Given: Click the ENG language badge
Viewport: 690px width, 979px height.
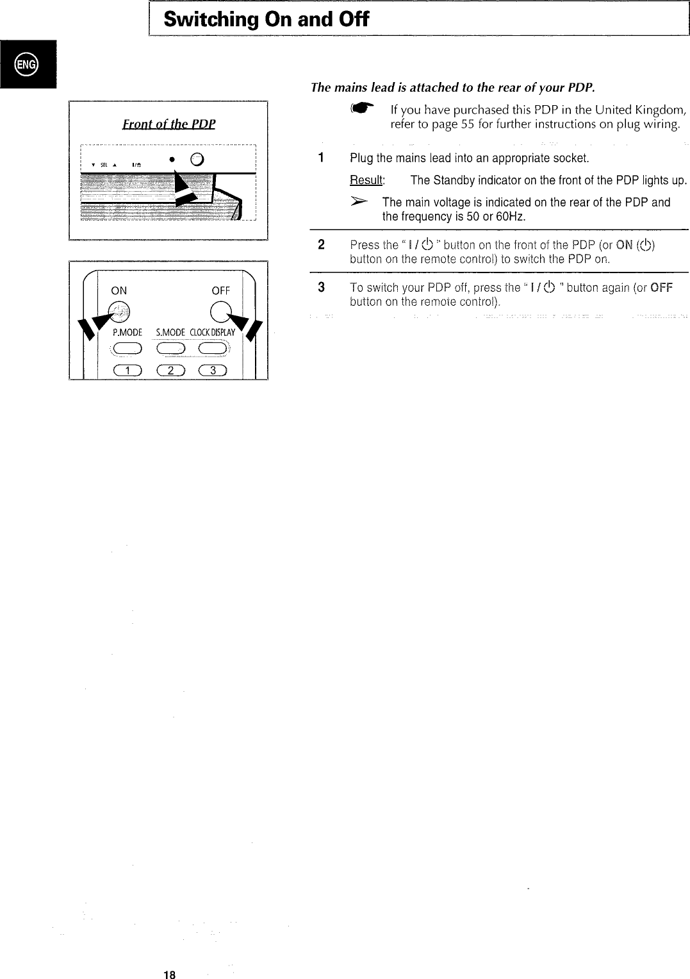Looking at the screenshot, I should pos(28,63).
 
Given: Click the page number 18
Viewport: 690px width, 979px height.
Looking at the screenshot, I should pos(169,975).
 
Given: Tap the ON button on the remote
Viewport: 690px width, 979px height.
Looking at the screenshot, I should pos(120,311).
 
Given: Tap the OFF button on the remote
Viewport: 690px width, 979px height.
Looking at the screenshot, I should pos(220,311).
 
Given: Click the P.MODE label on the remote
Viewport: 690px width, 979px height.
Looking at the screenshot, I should pos(126,332).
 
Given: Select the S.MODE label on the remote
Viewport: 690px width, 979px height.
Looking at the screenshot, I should pos(170,332).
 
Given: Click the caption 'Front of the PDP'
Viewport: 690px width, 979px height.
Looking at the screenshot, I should pos(169,124).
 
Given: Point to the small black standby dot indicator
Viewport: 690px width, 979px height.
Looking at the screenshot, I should pos(172,159).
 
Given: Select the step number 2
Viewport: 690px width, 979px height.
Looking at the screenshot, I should pos(322,245).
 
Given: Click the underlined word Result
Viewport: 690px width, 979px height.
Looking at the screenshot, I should pos(366,180).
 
